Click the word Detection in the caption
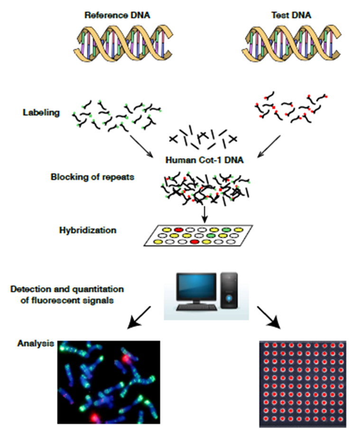point(31,289)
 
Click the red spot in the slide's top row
point(179,230)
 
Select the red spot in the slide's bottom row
point(194,242)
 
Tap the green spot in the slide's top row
point(227,230)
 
